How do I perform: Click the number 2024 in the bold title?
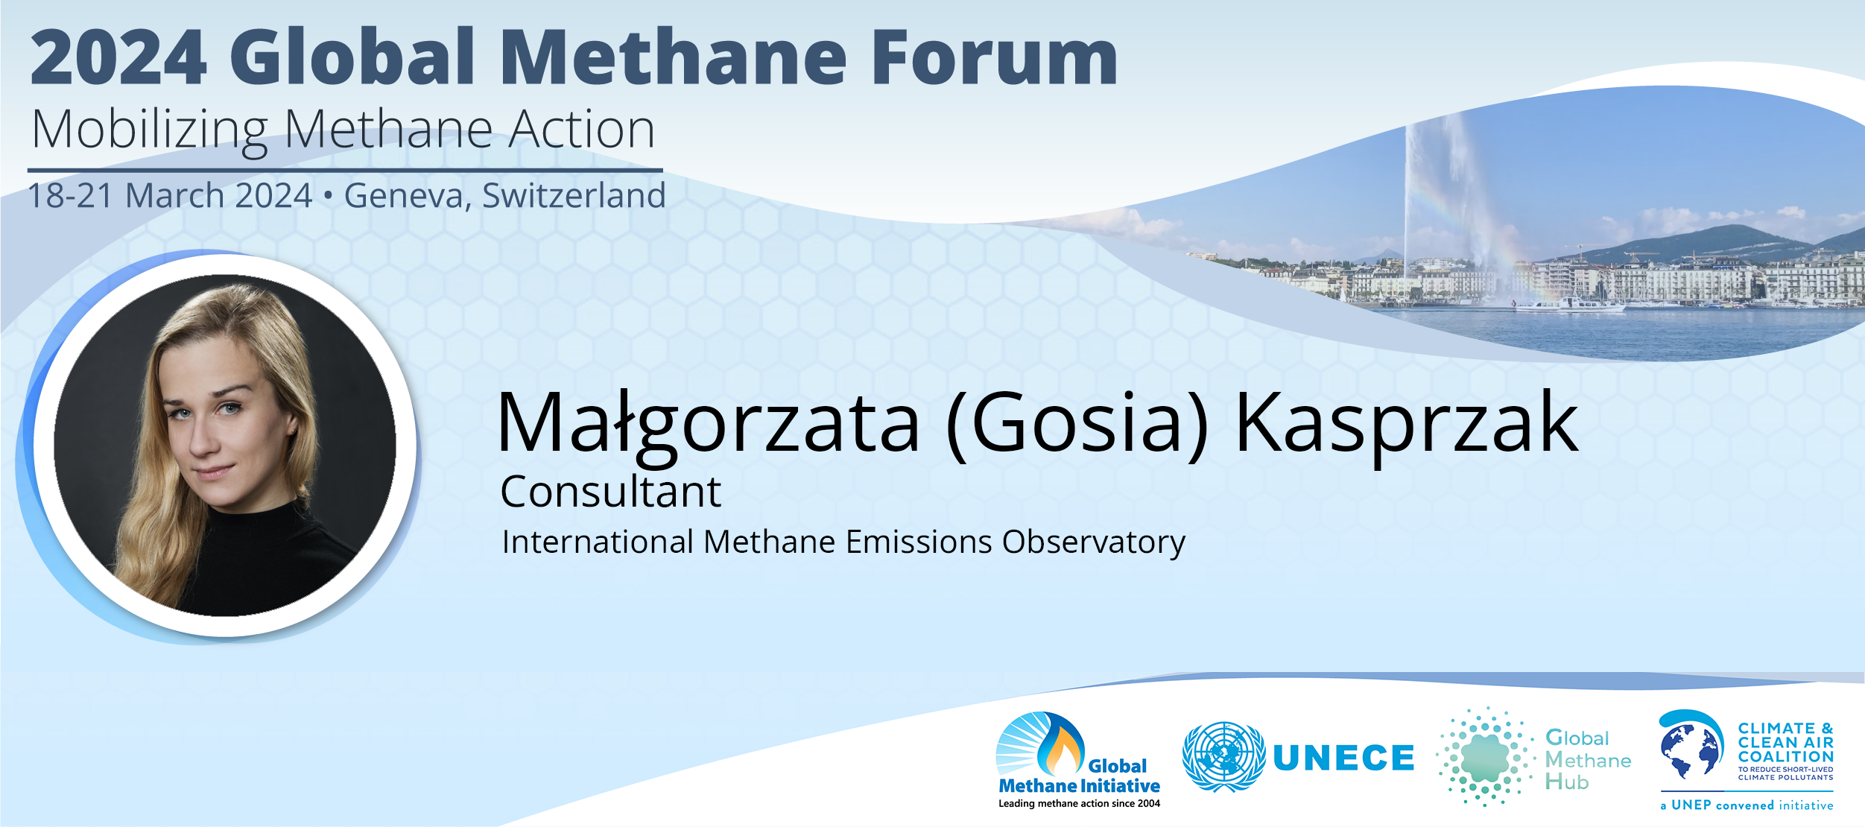[x=118, y=57]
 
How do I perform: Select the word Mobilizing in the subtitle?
[x=150, y=131]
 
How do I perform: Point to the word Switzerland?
[x=574, y=195]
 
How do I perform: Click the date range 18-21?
[x=70, y=196]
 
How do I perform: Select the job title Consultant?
[x=610, y=492]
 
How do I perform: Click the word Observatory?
[x=1094, y=542]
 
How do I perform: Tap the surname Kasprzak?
[x=1407, y=422]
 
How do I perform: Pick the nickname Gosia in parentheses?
[x=1076, y=423]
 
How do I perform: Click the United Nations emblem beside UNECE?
[x=1223, y=756]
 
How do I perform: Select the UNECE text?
[x=1343, y=758]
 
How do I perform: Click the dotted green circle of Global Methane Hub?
[x=1485, y=757]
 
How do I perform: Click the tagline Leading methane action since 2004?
[x=1079, y=803]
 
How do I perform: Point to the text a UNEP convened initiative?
[x=1747, y=805]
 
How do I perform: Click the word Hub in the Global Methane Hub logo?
[x=1567, y=782]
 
